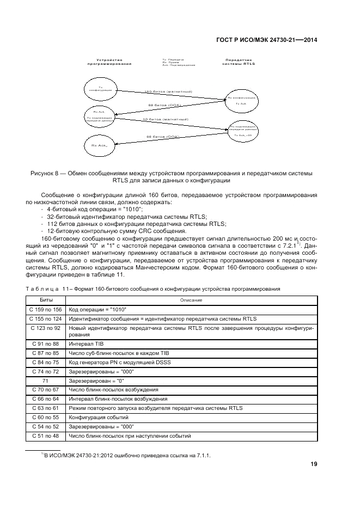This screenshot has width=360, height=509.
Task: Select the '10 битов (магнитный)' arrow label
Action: point(166,119)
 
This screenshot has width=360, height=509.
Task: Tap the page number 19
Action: point(314,464)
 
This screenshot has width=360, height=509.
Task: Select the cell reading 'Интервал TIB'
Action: point(86,344)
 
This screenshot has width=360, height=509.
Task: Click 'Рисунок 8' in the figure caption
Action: point(47,173)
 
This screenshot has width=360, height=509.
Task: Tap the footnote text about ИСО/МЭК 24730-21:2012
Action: point(126,455)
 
